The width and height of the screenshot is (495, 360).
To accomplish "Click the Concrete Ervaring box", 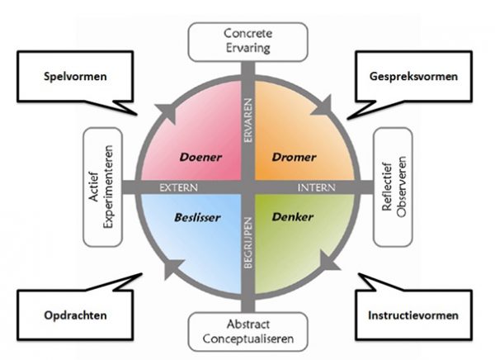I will click(247, 40).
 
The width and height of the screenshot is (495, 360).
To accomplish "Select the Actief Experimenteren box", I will click(103, 186).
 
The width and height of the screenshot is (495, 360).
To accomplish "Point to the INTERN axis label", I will click(314, 187).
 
